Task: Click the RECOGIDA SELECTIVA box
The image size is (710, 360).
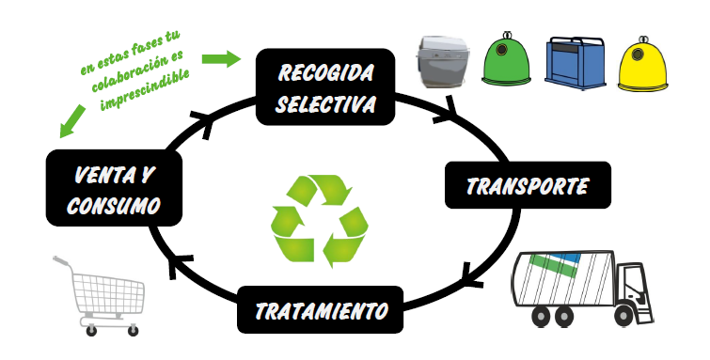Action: tap(325, 86)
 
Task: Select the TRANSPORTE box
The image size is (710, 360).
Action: tap(528, 185)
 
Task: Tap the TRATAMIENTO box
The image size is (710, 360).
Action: tap(320, 310)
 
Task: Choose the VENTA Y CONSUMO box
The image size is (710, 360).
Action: tap(114, 188)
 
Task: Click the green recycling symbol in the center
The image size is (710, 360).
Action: tap(320, 221)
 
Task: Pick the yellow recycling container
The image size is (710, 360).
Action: tap(642, 62)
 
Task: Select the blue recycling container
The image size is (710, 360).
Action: tap(575, 63)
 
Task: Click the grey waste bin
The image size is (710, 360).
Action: tap(441, 62)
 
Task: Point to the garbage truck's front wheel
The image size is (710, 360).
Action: tap(624, 316)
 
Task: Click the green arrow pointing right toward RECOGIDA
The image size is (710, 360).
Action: tap(221, 59)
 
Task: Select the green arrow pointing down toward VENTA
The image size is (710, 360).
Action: tap(72, 121)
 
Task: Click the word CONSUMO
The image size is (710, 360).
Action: tap(114, 205)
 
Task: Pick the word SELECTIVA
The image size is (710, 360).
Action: tap(325, 103)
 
